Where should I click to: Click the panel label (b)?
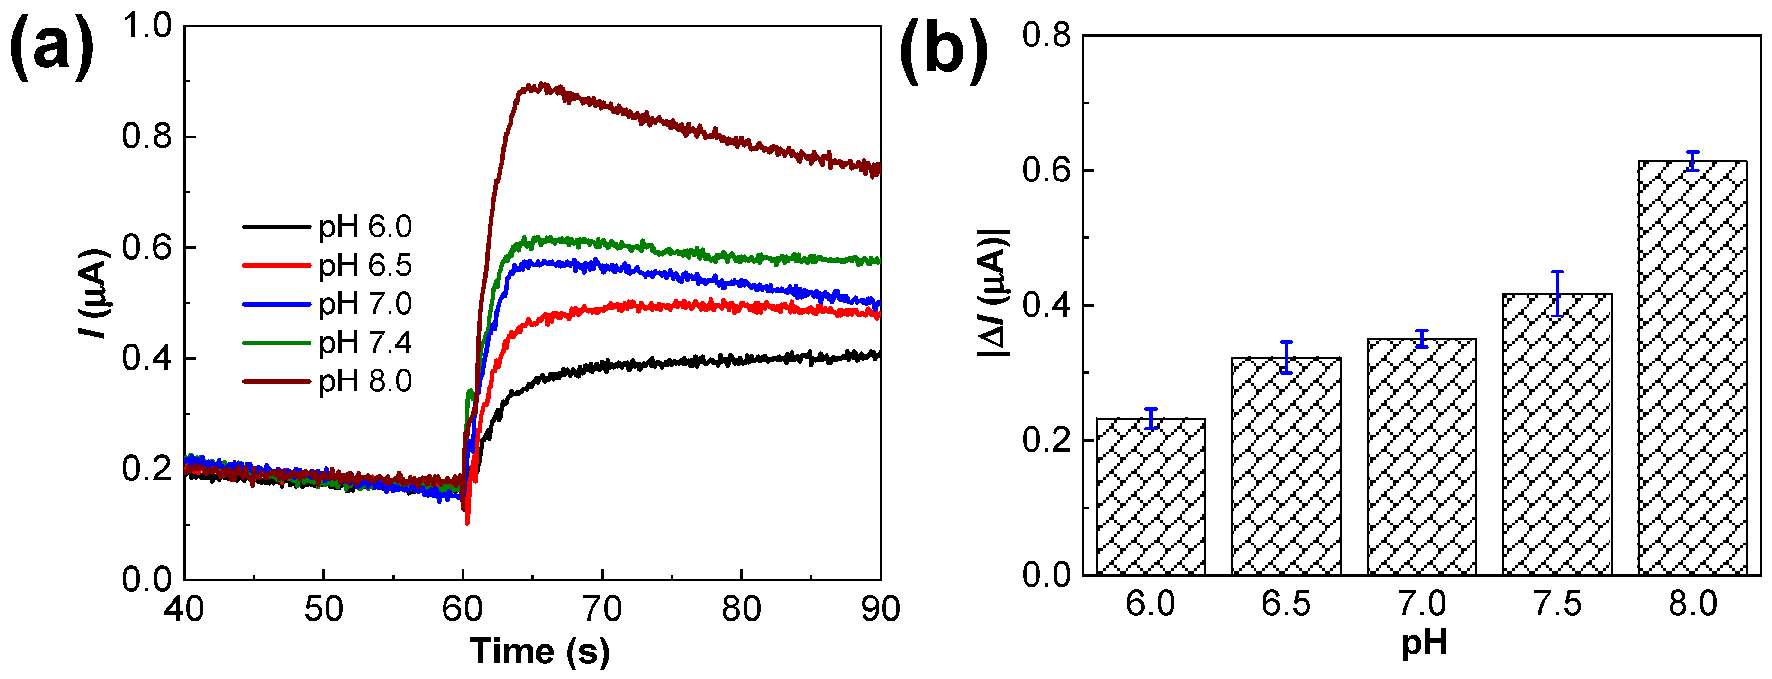[x=943, y=52]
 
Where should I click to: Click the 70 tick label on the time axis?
[x=602, y=608]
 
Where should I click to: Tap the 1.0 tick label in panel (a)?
[x=146, y=26]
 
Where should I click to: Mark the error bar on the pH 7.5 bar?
[x=1557, y=294]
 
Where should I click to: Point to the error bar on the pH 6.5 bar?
[x=1286, y=357]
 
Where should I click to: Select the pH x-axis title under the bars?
[x=1423, y=643]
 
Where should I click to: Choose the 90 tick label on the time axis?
[x=880, y=608]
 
